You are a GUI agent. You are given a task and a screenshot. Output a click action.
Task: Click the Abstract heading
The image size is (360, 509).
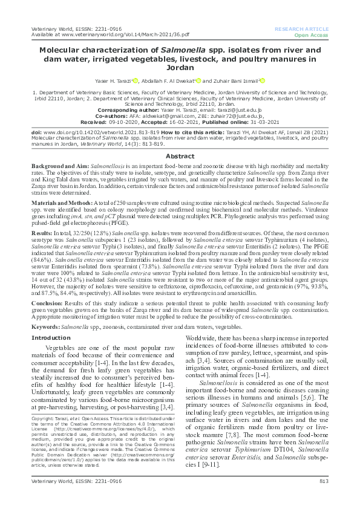[x=180, y=155]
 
